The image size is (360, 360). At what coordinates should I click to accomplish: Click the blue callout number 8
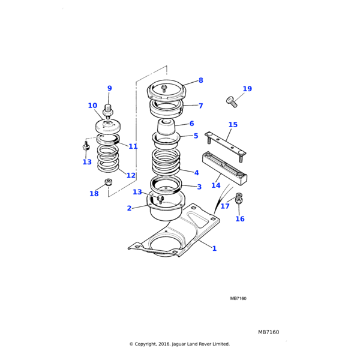coord(200,80)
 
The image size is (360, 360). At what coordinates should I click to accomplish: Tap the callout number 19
coord(247,89)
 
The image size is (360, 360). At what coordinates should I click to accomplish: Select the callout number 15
coord(233,125)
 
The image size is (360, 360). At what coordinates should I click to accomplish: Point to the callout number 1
coord(214,248)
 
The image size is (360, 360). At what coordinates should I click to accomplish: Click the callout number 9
coord(109,89)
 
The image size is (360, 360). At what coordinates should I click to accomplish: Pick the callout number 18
coord(94,193)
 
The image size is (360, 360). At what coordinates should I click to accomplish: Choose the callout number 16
coord(240,219)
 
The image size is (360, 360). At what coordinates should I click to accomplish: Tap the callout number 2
coord(129,208)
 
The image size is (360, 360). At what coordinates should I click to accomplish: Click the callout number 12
coord(131,175)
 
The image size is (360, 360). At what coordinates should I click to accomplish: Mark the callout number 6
coord(191,124)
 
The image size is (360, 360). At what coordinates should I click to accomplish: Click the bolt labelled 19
coord(232,101)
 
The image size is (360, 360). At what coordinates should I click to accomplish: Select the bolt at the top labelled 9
coord(108,111)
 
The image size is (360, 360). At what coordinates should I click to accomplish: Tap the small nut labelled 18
coord(109,182)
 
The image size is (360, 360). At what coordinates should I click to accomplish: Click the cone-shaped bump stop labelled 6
coord(166,127)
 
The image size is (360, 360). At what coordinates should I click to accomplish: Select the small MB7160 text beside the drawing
coord(238,298)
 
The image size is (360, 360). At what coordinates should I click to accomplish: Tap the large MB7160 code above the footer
coord(269,332)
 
